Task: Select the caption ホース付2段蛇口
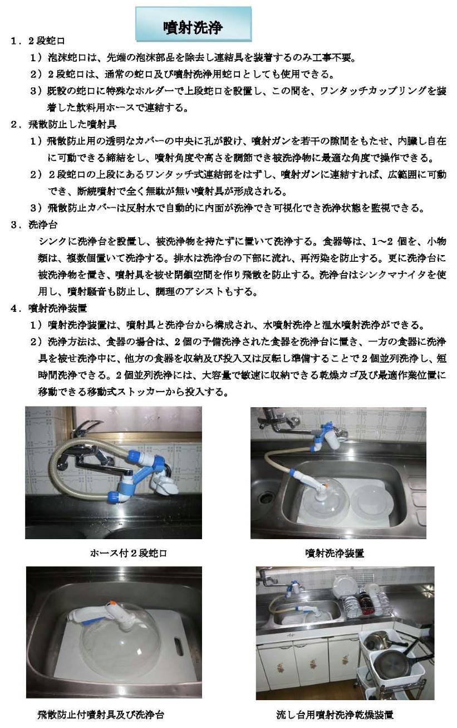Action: click(128, 553)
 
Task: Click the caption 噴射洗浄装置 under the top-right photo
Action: click(335, 553)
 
